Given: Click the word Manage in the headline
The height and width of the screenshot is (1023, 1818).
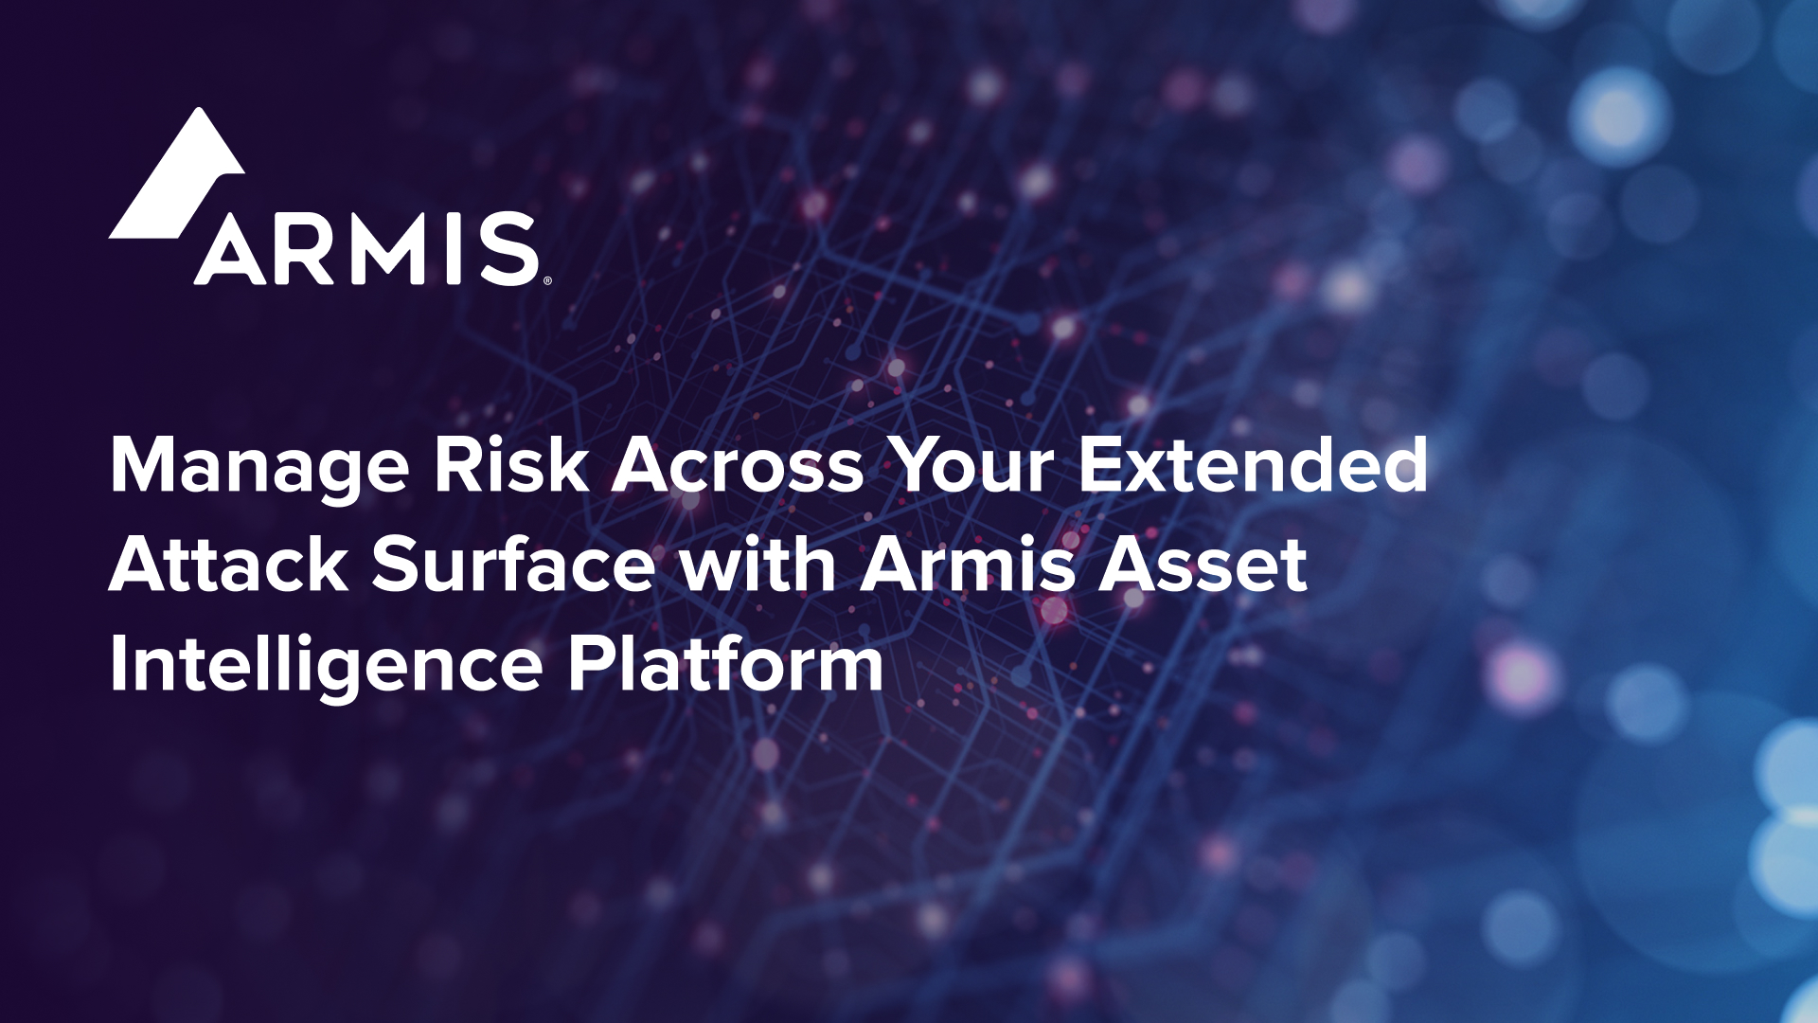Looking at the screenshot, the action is click(260, 467).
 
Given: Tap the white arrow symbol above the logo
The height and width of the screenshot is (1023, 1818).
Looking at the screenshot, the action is click(177, 172).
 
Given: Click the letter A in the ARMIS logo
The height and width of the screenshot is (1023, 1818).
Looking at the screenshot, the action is click(231, 249).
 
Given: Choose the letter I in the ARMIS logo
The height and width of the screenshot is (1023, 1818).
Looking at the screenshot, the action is click(454, 249).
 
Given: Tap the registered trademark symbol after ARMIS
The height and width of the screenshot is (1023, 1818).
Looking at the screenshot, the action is click(546, 280).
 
